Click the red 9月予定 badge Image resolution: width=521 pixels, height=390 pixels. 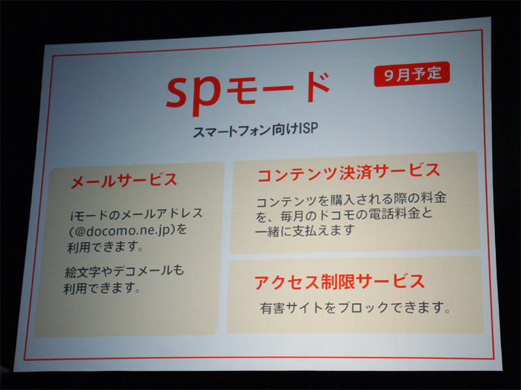[412, 74]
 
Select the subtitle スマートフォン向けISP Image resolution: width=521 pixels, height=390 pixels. [255, 130]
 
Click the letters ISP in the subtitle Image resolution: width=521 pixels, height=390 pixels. [308, 128]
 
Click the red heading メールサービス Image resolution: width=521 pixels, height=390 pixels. [124, 181]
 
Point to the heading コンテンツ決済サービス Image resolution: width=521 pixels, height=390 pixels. [348, 172]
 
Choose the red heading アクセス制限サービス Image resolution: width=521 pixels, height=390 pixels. [339, 281]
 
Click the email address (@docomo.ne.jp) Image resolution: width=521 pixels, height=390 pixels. [128, 230]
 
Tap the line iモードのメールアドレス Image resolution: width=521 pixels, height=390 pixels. [136, 214]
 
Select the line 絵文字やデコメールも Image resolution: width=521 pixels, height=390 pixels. [124, 271]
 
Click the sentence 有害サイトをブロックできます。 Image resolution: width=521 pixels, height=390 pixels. [355, 307]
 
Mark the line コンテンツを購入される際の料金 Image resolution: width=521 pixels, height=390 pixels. [351, 199]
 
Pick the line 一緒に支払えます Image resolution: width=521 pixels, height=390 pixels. [304, 231]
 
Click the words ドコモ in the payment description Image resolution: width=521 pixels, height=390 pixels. [335, 215]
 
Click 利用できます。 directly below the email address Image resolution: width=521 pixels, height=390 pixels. [105, 247]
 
